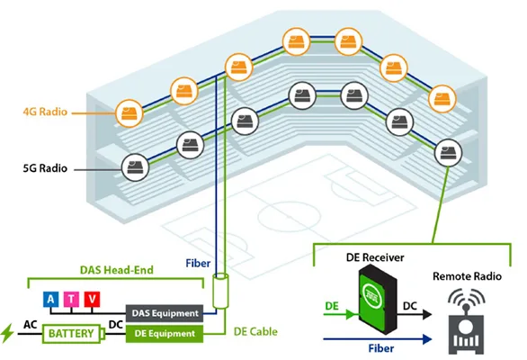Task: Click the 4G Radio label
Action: pos(45,112)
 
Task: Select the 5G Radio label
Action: pos(45,168)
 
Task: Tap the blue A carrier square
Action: pos(50,299)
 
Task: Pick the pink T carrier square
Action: pos(71,299)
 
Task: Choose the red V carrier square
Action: pos(92,299)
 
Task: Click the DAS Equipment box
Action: pos(165,313)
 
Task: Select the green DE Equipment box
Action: pos(165,334)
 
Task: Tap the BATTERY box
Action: pos(72,334)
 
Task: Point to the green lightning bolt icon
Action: pos(7,333)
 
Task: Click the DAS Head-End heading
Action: pos(117,270)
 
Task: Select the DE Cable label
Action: pos(255,332)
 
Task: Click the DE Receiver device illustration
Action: pos(378,299)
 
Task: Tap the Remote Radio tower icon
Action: pos(466,321)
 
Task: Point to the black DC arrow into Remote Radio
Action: pos(415,315)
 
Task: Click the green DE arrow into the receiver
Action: pos(340,315)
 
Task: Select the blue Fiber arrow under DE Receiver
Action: pos(378,339)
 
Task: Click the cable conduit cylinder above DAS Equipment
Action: pos(220,291)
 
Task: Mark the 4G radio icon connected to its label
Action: pos(130,113)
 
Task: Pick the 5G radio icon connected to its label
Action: pos(135,167)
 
